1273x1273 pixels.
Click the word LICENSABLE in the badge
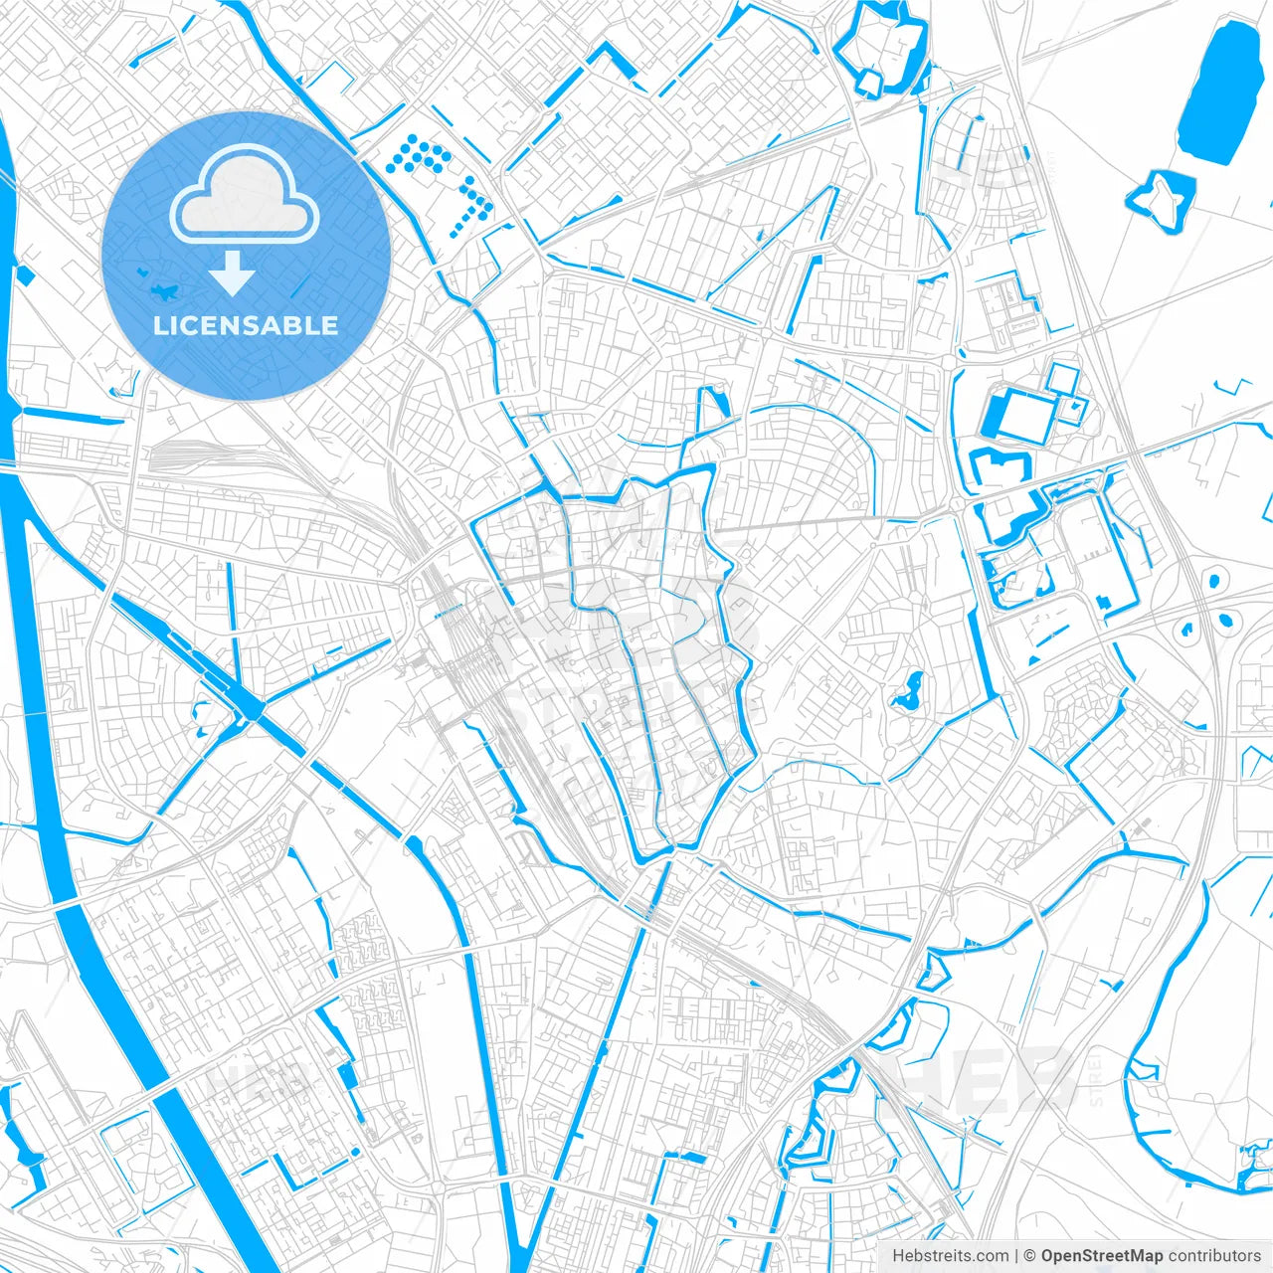click(245, 325)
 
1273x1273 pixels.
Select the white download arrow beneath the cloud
click(232, 273)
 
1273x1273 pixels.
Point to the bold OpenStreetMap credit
click(1101, 1256)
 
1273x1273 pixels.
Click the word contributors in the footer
click(1214, 1256)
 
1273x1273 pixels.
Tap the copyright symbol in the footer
click(1030, 1256)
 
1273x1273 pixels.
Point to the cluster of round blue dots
click(438, 174)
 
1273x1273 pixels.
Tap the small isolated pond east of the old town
click(907, 691)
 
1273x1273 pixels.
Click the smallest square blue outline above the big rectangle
click(1062, 378)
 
